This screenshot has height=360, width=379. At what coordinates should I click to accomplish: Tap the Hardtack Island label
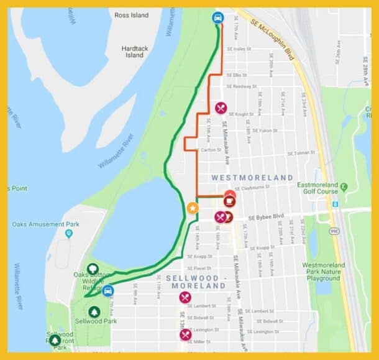pos(134,52)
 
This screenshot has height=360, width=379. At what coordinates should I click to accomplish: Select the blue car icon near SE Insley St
pos(217,18)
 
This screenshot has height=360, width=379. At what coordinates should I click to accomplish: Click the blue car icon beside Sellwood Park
pos(107,290)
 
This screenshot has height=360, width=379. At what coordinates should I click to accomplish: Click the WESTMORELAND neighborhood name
pos(252,178)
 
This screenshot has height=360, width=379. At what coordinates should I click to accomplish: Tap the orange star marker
pos(193,208)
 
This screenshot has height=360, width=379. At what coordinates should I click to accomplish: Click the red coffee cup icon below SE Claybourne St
pos(229,201)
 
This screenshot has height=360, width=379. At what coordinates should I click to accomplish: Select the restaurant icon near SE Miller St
pos(185,335)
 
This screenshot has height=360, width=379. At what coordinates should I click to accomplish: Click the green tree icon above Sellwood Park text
pos(94,312)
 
